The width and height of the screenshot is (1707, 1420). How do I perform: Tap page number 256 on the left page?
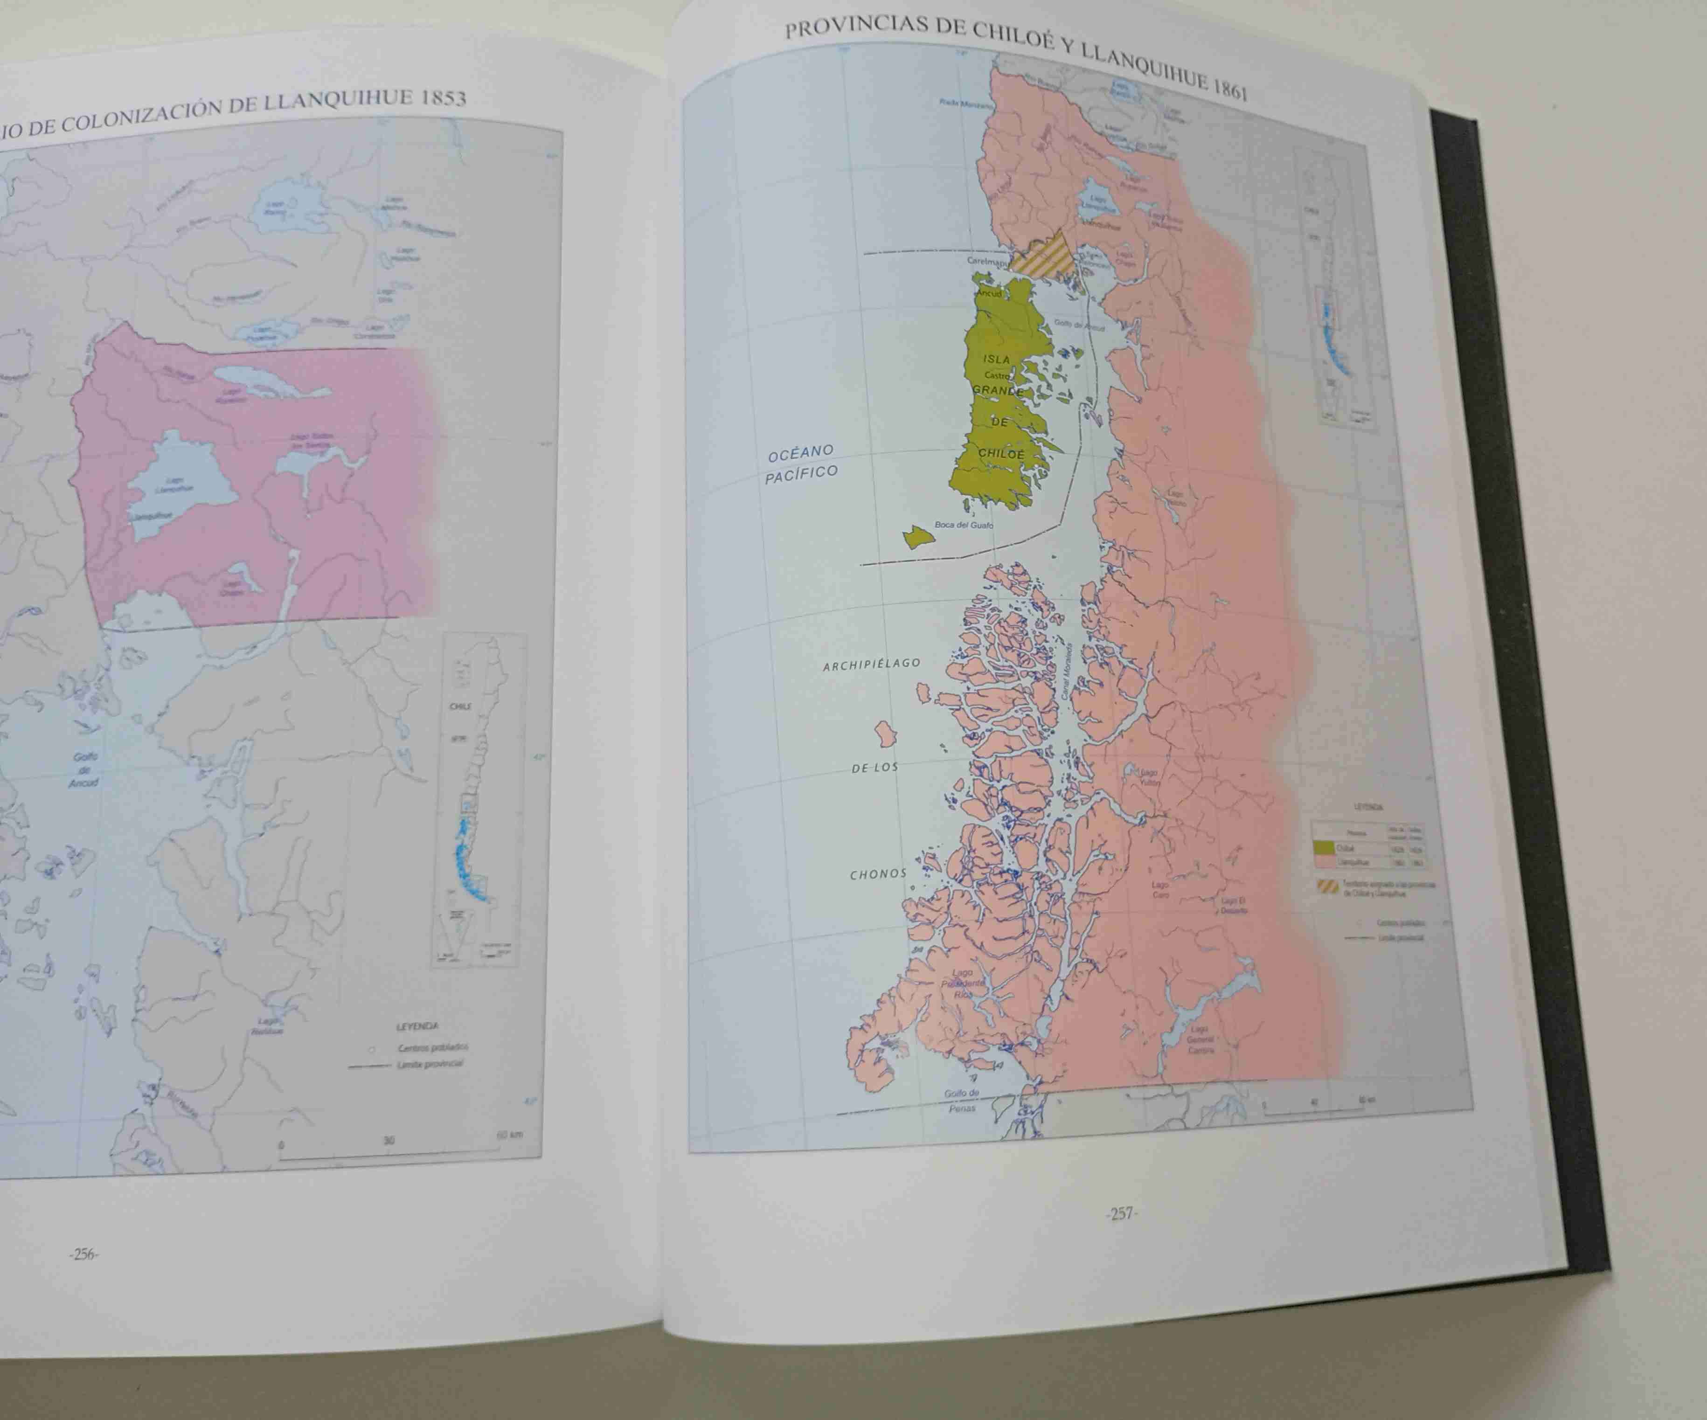[84, 1254]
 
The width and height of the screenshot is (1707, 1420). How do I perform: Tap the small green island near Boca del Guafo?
[918, 536]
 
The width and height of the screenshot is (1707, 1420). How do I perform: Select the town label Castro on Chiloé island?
[997, 375]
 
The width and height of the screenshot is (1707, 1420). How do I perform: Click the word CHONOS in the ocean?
[878, 874]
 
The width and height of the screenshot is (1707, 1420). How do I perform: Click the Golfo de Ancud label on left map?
[84, 769]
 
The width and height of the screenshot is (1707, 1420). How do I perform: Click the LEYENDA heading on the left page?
[417, 1026]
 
